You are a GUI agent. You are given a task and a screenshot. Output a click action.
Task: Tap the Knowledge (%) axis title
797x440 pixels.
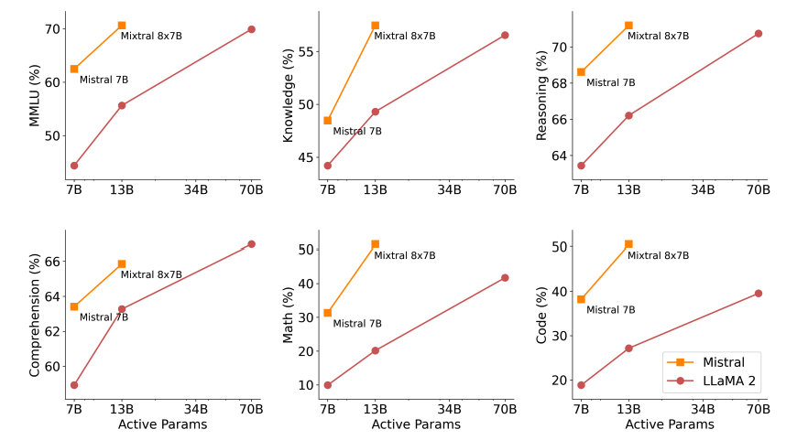(x=288, y=97)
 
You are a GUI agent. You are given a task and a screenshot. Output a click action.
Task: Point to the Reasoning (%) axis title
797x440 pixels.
(x=541, y=97)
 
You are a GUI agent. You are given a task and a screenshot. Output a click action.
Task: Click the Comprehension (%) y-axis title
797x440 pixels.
(x=35, y=316)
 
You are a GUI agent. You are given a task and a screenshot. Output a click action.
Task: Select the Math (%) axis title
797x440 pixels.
(x=288, y=316)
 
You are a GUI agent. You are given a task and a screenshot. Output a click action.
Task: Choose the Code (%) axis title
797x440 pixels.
(x=541, y=316)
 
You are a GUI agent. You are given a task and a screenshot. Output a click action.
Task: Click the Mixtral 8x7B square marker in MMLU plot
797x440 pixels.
(x=122, y=26)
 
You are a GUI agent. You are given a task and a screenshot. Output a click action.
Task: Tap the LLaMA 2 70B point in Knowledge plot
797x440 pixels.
(x=505, y=35)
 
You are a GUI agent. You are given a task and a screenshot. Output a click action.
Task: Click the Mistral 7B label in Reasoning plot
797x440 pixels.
(x=610, y=83)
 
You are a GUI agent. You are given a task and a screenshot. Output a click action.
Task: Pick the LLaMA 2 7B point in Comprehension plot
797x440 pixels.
(x=74, y=385)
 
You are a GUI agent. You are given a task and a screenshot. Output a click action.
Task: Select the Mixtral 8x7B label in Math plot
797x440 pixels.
(x=404, y=256)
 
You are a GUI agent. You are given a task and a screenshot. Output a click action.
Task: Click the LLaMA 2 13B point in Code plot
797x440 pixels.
(x=628, y=348)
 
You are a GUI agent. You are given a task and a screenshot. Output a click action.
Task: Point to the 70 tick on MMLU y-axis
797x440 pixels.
(x=52, y=29)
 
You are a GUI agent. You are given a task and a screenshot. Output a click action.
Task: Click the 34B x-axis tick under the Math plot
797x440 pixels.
(x=449, y=408)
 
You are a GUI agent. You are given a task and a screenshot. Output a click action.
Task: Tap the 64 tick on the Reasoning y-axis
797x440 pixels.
(x=559, y=156)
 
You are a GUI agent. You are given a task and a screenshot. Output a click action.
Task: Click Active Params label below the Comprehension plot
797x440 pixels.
(x=162, y=424)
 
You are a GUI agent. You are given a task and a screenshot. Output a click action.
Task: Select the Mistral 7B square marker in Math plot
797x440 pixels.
(x=328, y=313)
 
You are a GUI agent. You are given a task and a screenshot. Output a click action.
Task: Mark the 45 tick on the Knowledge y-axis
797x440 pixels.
(x=305, y=156)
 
